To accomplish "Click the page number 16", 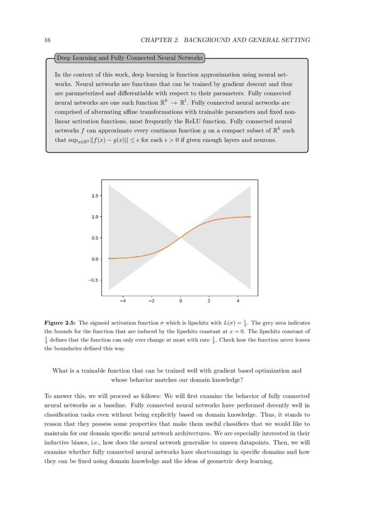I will pyautogui.click(x=47, y=40).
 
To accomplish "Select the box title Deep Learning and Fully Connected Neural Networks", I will pyautogui.click(x=129, y=58).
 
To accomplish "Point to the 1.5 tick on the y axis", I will pyautogui.click(x=95, y=196).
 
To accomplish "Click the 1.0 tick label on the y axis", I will pyautogui.click(x=95, y=217).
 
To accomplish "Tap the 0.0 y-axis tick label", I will pyautogui.click(x=95, y=259).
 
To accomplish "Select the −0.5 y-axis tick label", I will pyautogui.click(x=94, y=280).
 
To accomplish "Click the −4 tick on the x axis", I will pyautogui.click(x=122, y=301).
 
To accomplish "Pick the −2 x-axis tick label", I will pyautogui.click(x=151, y=301).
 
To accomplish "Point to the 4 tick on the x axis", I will pyautogui.click(x=238, y=301).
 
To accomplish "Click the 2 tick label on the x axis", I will pyautogui.click(x=209, y=301).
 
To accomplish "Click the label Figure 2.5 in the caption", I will pyautogui.click(x=60, y=323).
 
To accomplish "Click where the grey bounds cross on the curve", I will pyautogui.click(x=180, y=238).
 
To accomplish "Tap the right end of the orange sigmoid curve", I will pyautogui.click(x=250, y=216).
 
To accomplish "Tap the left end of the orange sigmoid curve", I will pyautogui.click(x=109, y=258).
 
